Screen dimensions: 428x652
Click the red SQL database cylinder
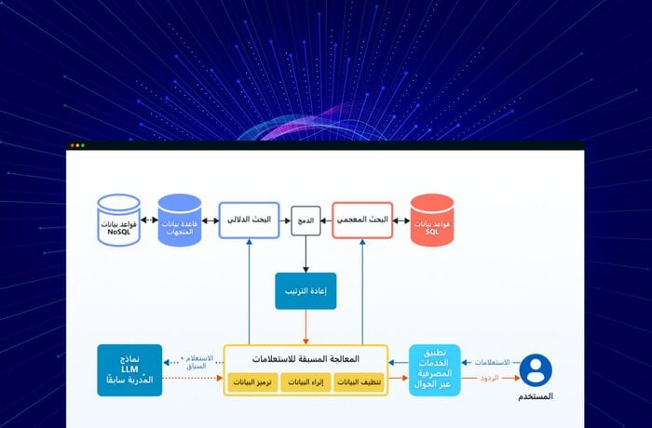coord(431,220)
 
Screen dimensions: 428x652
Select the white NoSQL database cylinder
coord(118,221)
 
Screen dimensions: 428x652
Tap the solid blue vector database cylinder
coord(180,221)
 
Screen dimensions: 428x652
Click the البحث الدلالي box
coord(250,220)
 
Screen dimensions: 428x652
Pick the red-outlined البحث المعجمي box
coord(361,220)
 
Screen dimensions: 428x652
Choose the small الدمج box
coord(306,221)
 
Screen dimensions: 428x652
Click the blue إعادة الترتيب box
coord(306,290)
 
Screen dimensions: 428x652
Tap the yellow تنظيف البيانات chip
coord(358,381)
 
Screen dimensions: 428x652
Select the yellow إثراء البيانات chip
coord(306,381)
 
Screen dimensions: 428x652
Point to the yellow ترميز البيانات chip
coord(252,381)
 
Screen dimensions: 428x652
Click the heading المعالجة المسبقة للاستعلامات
coord(306,358)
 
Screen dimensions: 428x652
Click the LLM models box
coord(129,369)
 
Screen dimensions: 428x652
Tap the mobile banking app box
coord(434,369)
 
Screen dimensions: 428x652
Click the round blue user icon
coord(535,369)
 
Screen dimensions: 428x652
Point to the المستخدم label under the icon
coord(535,397)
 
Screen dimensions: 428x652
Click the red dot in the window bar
coord(73,145)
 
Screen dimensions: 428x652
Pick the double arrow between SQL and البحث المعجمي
coord(401,221)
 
